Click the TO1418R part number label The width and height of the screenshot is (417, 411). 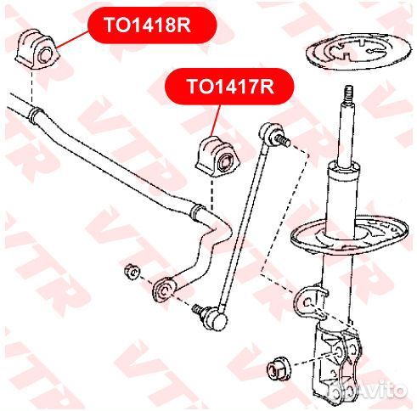(x=147, y=25)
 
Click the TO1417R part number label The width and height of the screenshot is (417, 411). (x=230, y=87)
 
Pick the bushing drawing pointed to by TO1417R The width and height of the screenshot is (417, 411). (x=218, y=156)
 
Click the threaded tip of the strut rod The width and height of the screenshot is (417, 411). (x=349, y=95)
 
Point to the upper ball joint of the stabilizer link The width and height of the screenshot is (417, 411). (x=269, y=132)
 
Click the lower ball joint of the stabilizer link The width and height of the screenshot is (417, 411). (x=217, y=318)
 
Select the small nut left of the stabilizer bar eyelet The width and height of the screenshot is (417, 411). (x=132, y=272)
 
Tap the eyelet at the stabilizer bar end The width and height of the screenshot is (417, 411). (x=164, y=290)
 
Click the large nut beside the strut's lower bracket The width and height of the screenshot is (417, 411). (x=279, y=369)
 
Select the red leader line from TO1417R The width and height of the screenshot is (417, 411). (x=216, y=121)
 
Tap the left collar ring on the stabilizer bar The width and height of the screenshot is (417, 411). (x=37, y=115)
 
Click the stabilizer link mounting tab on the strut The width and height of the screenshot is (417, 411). (x=309, y=301)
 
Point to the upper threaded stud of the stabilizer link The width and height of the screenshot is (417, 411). (x=282, y=140)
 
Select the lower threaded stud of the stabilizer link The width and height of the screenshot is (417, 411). (x=199, y=309)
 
